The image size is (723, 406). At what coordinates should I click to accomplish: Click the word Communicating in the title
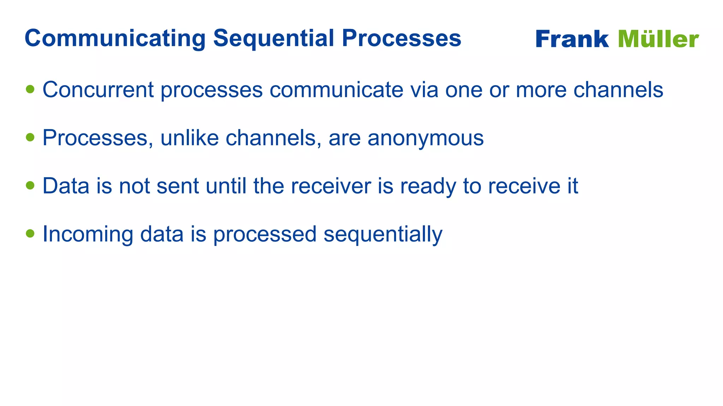(115, 38)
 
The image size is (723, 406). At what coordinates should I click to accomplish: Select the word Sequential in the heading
(273, 38)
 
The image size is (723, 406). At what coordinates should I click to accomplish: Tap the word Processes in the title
(401, 38)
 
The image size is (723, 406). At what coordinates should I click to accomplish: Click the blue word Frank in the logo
(572, 39)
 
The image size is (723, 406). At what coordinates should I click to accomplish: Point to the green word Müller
(658, 39)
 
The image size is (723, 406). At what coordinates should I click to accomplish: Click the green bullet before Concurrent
(30, 89)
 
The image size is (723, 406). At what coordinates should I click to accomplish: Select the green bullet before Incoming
(30, 233)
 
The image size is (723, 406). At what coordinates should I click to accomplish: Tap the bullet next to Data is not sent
(30, 185)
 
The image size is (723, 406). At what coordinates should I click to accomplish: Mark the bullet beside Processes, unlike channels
(30, 137)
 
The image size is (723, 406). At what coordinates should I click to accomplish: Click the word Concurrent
(98, 90)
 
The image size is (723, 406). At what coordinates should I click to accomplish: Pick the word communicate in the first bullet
(336, 90)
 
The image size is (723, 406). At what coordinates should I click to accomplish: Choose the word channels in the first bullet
(618, 90)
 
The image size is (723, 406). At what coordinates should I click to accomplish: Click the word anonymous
(425, 138)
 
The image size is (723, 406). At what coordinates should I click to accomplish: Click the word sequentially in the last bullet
(383, 234)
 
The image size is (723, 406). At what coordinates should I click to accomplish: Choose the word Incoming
(88, 234)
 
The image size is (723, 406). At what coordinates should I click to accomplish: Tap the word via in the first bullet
(424, 90)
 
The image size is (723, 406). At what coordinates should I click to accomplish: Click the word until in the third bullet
(226, 186)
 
